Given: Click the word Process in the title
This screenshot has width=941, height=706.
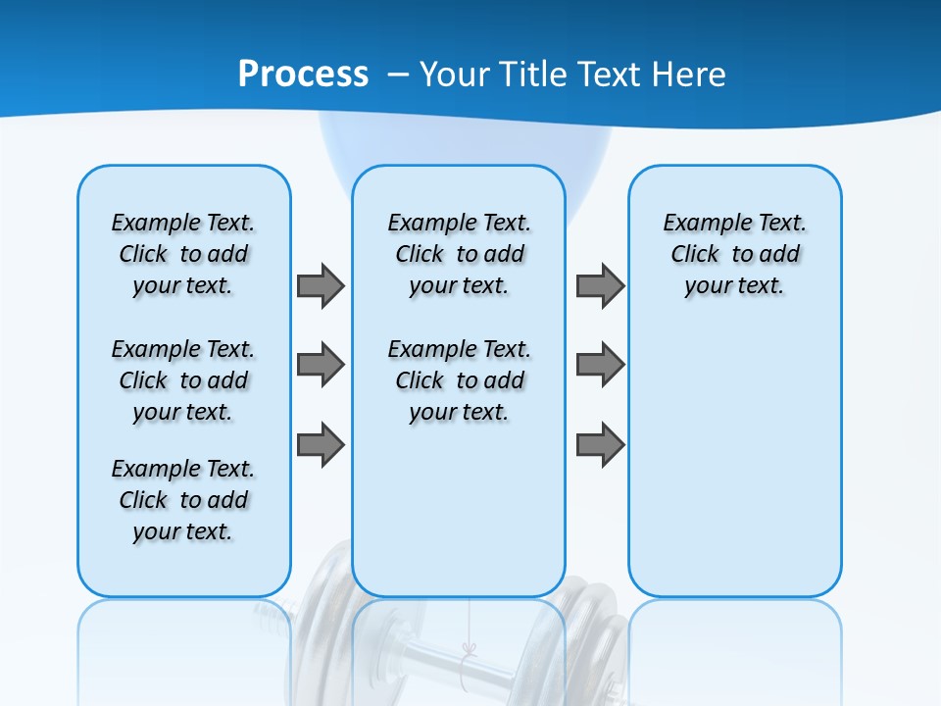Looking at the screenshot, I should click(x=303, y=74).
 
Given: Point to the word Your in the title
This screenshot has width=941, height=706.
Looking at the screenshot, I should click(x=456, y=75).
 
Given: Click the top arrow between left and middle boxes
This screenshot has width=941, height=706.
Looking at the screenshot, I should click(x=321, y=285).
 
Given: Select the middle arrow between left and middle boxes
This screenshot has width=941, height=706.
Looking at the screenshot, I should click(x=321, y=365).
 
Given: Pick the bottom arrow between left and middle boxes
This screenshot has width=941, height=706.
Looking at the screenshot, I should click(x=321, y=444).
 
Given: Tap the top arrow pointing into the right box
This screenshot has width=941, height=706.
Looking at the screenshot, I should click(x=600, y=285).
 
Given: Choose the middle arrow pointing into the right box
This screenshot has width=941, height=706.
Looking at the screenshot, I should click(x=600, y=365).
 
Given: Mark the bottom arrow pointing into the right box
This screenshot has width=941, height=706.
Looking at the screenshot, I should click(x=600, y=444).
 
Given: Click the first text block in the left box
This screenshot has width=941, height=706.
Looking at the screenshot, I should click(x=183, y=254).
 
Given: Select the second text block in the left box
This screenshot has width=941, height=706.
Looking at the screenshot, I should click(x=183, y=380).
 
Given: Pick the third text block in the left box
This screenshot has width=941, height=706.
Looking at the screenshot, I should click(x=183, y=500).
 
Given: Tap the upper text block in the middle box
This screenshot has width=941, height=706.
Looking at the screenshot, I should click(x=459, y=254).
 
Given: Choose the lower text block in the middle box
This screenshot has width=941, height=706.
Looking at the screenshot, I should click(x=459, y=380).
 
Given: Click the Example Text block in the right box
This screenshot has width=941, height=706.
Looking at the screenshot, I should click(x=734, y=254).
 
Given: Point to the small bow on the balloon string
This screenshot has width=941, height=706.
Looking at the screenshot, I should click(x=469, y=649).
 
